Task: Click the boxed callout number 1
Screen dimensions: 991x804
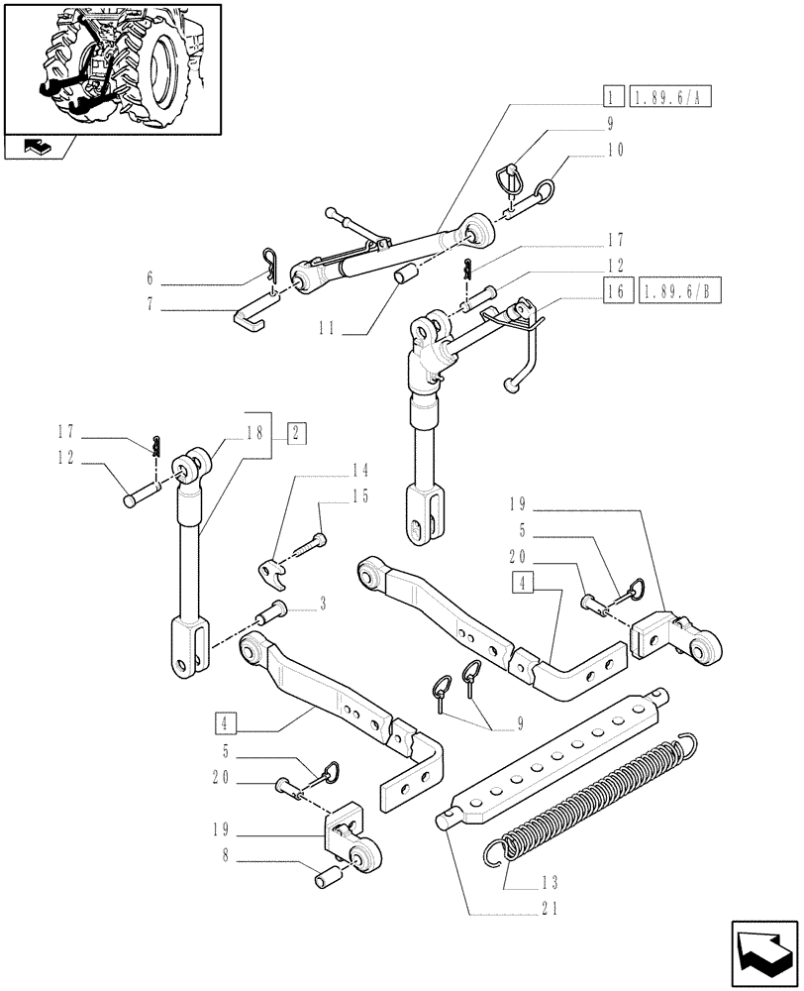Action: [x=614, y=97]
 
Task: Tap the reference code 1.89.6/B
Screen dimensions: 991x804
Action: [x=682, y=292]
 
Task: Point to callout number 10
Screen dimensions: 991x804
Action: [x=616, y=151]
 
